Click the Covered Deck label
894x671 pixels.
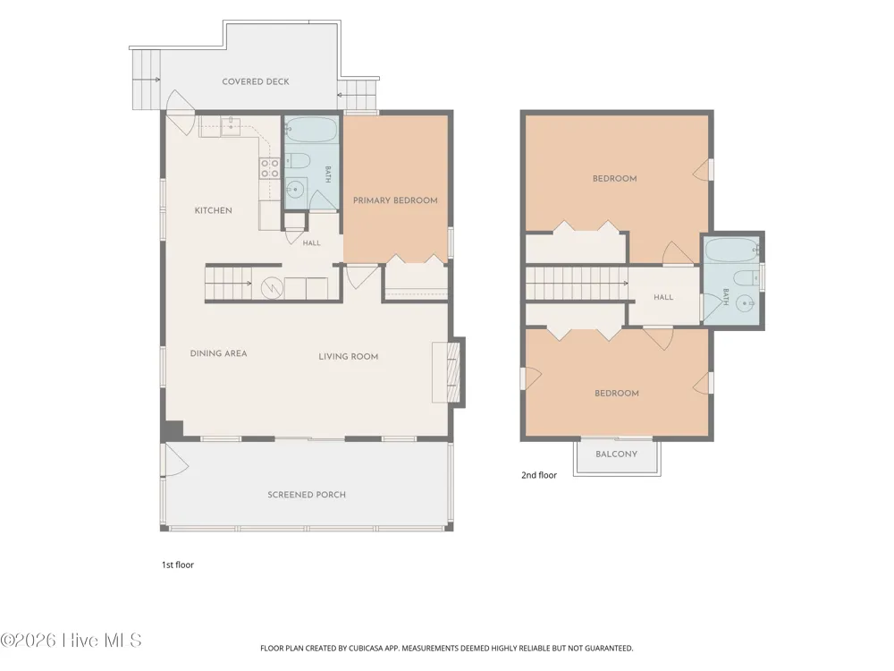click(256, 81)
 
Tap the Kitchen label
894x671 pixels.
click(214, 210)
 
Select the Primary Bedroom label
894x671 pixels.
click(395, 200)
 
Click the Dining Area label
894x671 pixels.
click(218, 353)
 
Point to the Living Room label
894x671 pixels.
click(349, 357)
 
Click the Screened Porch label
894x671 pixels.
click(307, 495)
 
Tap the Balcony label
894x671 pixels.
click(616, 454)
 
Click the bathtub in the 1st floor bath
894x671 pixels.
click(310, 130)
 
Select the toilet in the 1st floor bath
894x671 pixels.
click(297, 160)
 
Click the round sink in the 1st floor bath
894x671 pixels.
click(295, 188)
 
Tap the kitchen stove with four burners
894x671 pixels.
click(269, 168)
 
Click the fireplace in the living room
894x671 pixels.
click(448, 372)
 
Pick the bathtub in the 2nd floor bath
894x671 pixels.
click(732, 250)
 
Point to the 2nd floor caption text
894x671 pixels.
click(539, 475)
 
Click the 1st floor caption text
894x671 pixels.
click(178, 565)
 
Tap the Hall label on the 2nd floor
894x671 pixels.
click(663, 297)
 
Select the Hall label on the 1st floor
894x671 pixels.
click(311, 243)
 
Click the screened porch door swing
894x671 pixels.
click(176, 460)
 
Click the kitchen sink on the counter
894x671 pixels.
click(231, 126)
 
